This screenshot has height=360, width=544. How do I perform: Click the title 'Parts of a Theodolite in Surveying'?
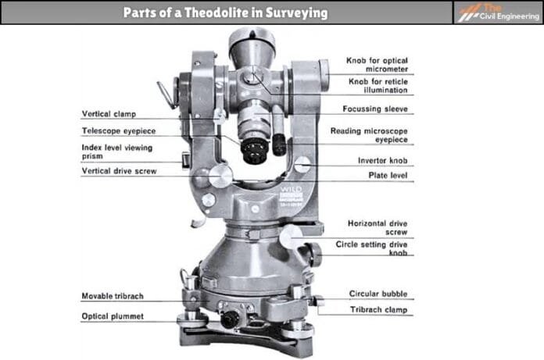click(x=226, y=13)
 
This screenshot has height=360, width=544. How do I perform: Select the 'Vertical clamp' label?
click(x=110, y=113)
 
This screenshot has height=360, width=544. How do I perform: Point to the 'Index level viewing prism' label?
click(x=116, y=151)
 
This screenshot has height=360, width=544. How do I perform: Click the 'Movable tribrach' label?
click(x=116, y=297)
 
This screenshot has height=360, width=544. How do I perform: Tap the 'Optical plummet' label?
click(x=113, y=316)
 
